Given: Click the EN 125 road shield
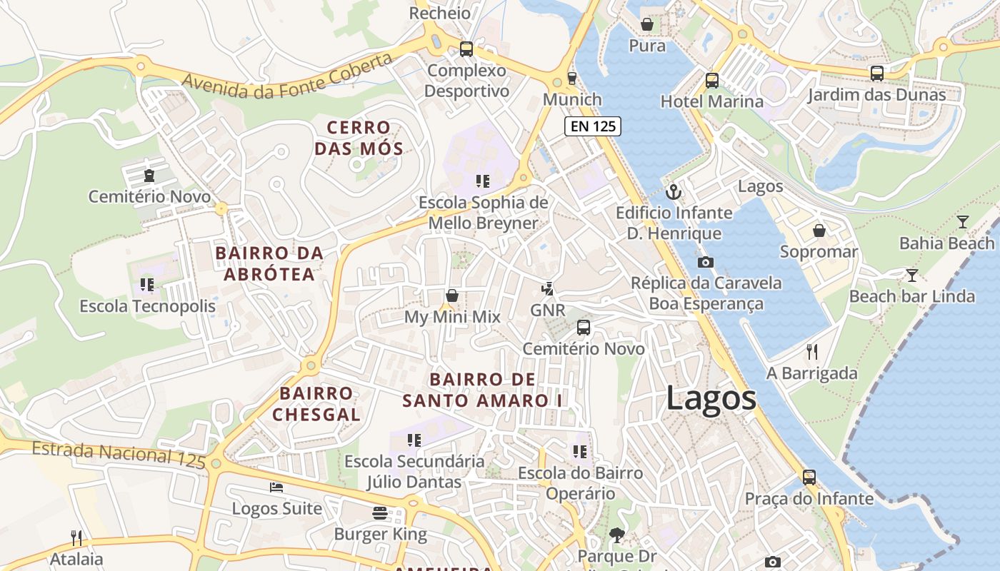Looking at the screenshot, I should [x=593, y=126].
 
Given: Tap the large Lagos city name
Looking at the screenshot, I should [x=711, y=398].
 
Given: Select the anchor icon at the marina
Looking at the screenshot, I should [x=673, y=191].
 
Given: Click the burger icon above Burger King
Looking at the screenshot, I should [x=380, y=512].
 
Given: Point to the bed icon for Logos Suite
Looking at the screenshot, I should [x=276, y=487].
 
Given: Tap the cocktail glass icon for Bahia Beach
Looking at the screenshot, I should [x=963, y=221].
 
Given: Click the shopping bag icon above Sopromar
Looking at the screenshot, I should [x=819, y=231].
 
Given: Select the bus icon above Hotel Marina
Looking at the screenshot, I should [x=711, y=80].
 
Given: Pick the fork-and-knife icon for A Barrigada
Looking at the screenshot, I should [x=811, y=351].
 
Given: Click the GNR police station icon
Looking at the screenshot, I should [x=547, y=289].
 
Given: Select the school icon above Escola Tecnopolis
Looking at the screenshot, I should [x=147, y=285].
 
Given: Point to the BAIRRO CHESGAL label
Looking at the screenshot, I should [x=316, y=403].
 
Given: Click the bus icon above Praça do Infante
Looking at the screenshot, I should [x=809, y=477].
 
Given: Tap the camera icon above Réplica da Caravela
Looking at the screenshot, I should [x=705, y=262].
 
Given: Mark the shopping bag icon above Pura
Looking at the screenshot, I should [x=647, y=24].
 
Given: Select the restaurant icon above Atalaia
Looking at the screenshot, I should [x=76, y=537].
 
